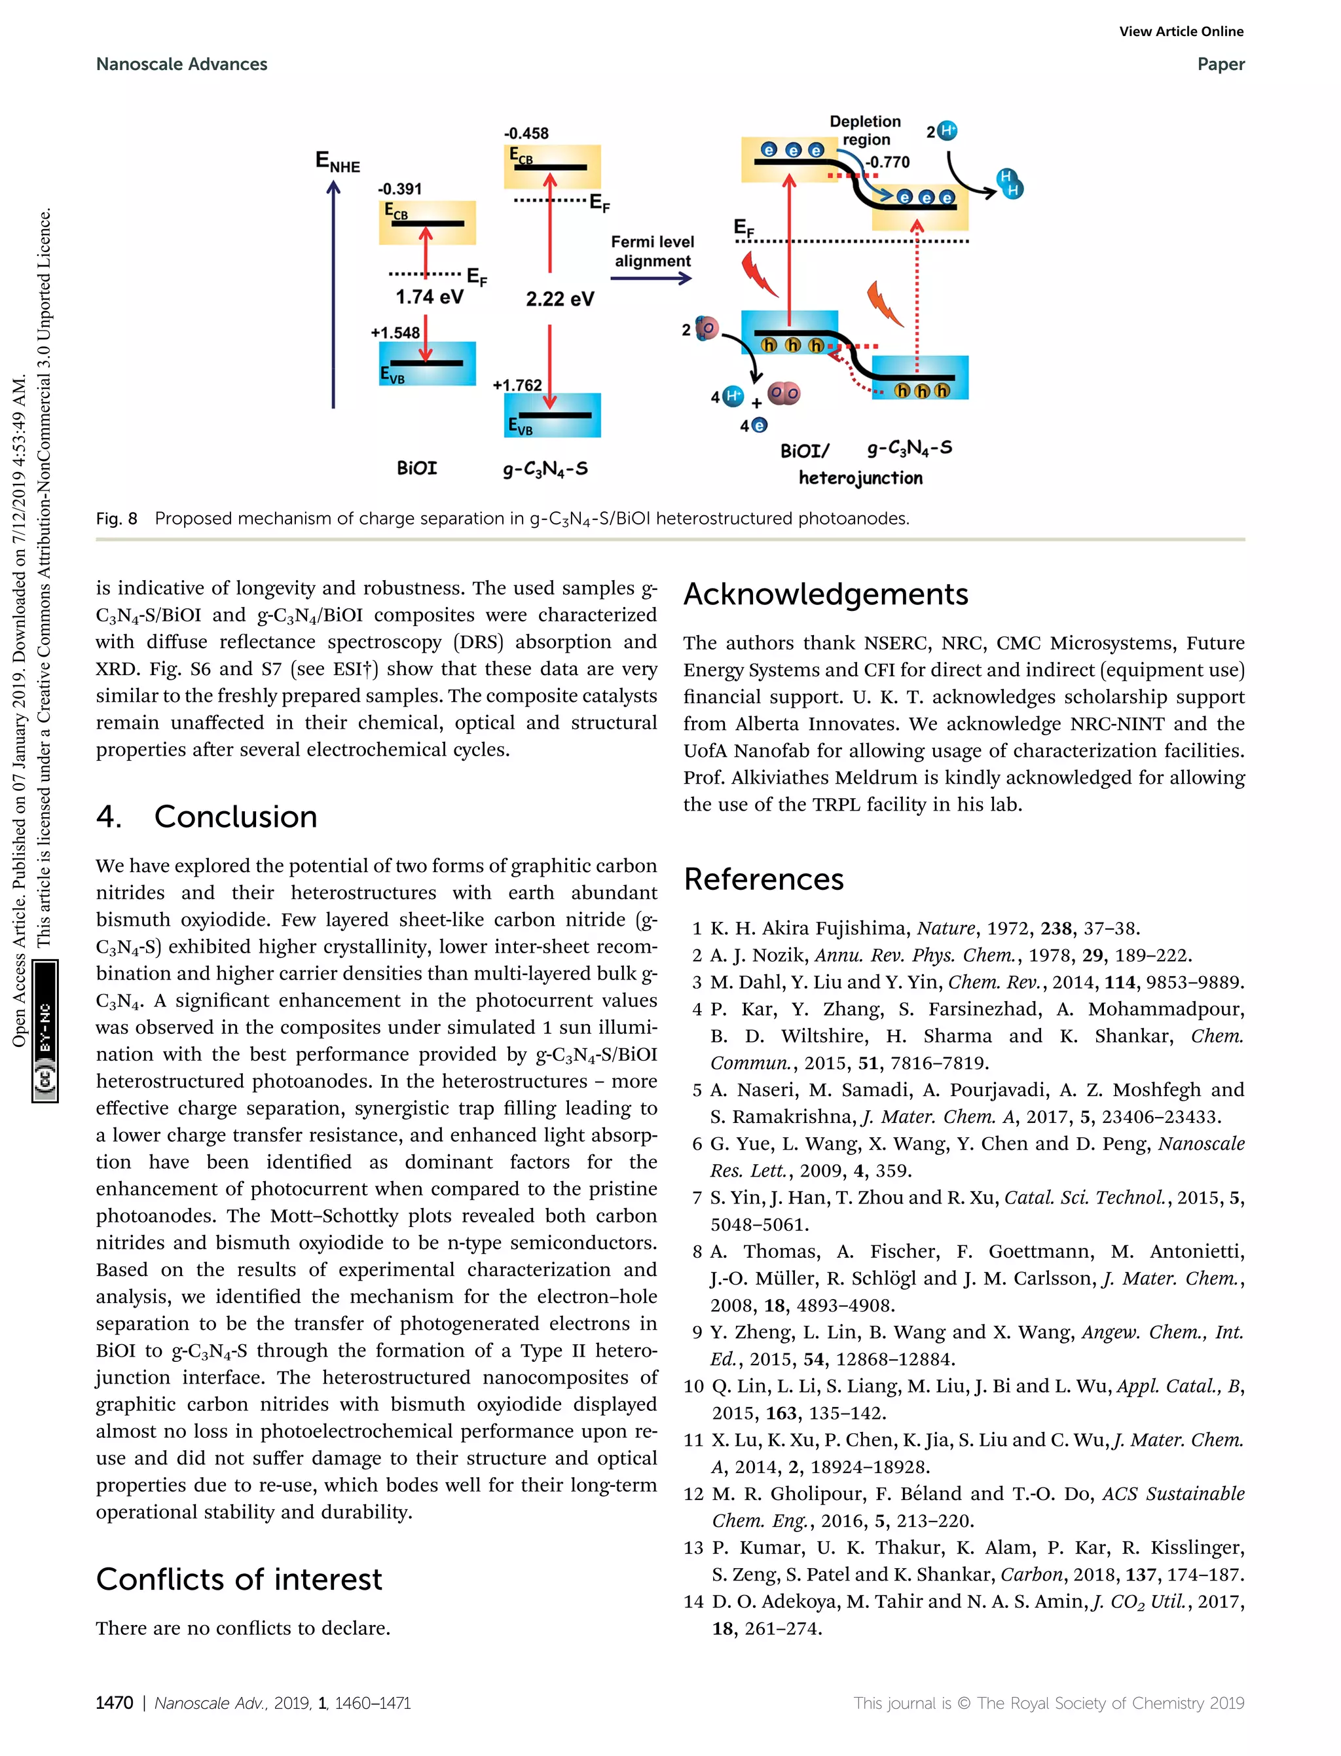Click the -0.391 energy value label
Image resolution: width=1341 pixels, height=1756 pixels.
pyautogui.click(x=400, y=189)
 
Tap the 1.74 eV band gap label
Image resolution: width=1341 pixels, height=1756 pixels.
pyautogui.click(x=430, y=297)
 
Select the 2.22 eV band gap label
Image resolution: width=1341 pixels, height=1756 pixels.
pyautogui.click(x=560, y=299)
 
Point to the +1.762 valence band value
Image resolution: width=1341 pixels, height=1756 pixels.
pyautogui.click(x=517, y=385)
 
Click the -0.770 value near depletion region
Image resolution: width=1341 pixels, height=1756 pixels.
pyautogui.click(x=888, y=162)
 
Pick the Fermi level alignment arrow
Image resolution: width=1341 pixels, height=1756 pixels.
pyautogui.click(x=651, y=278)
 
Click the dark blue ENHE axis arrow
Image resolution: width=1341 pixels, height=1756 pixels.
pyautogui.click(x=334, y=295)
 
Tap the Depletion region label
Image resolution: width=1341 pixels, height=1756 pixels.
pyautogui.click(x=865, y=130)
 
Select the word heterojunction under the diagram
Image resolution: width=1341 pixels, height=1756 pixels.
pyautogui.click(x=860, y=478)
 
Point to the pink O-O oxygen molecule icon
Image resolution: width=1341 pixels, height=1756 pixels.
pyautogui.click(x=783, y=393)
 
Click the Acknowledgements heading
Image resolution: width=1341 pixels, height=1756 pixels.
pyautogui.click(x=825, y=594)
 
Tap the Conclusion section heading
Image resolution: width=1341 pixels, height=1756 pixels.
pyautogui.click(x=236, y=816)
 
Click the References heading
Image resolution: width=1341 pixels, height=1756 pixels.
pyautogui.click(x=763, y=879)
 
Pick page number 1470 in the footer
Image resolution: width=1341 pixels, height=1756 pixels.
pyautogui.click(x=114, y=1702)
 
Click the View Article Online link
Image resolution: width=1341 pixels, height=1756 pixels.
pyautogui.click(x=1181, y=32)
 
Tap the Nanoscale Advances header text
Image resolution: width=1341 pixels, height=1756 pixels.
pyautogui.click(x=181, y=65)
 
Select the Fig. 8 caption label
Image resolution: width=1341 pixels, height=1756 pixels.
pyautogui.click(x=117, y=519)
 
